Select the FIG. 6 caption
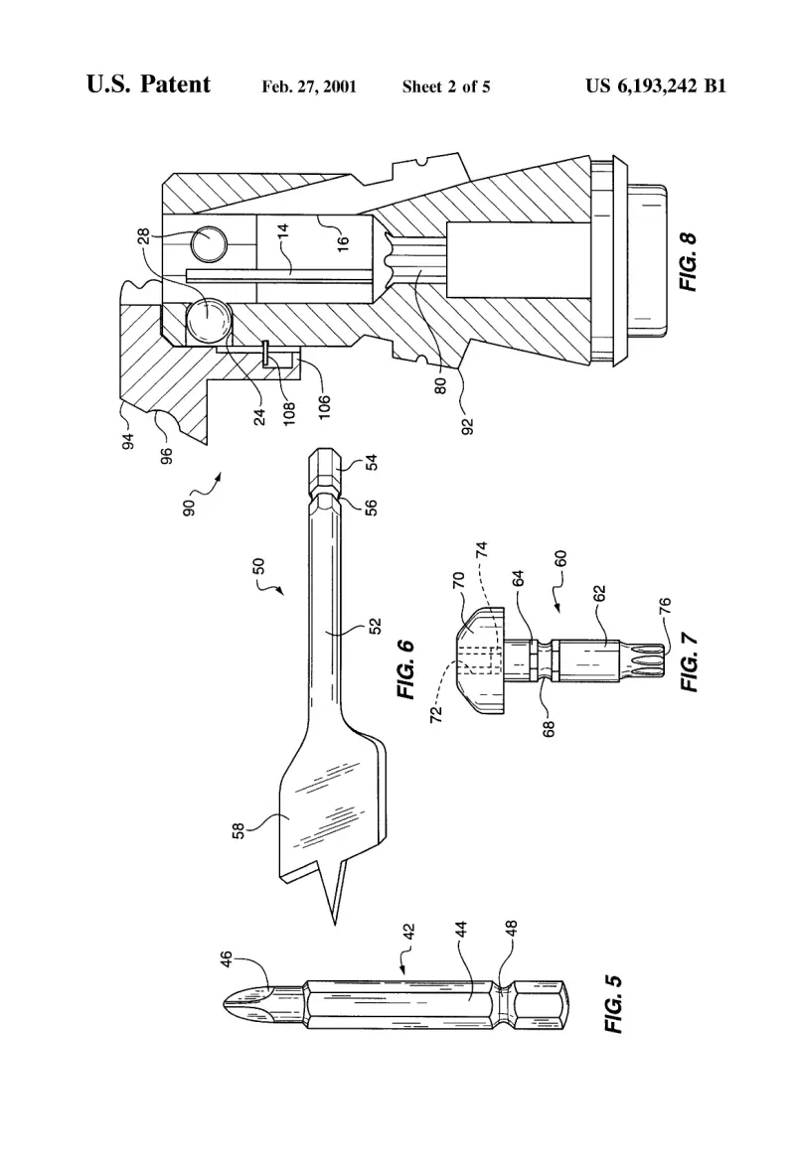pyautogui.click(x=405, y=669)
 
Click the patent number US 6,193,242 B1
pyautogui.click(x=656, y=85)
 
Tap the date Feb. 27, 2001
pyautogui.click(x=308, y=86)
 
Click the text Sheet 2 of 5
pyautogui.click(x=446, y=86)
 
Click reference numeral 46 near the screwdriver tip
pyautogui.click(x=226, y=957)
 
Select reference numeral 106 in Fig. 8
pyautogui.click(x=323, y=407)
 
